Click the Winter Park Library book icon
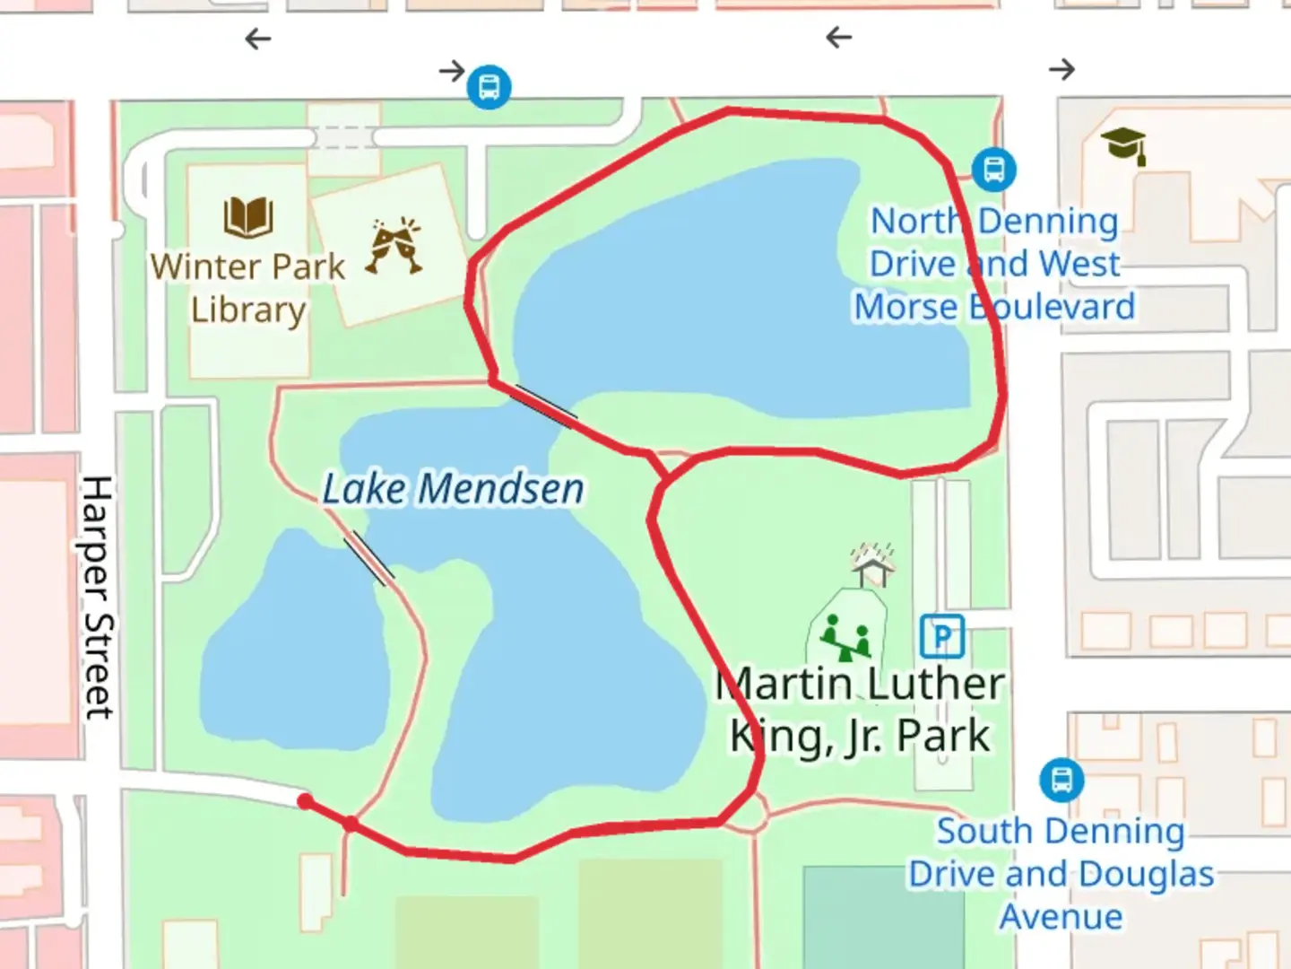248,216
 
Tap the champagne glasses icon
394,245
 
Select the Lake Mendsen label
453,490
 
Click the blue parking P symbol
941,636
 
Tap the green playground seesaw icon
847,636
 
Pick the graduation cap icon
1123,145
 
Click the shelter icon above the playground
872,564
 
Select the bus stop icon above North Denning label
993,170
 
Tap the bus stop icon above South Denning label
1061,780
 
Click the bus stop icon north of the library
489,87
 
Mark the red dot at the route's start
306,801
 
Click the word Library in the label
248,310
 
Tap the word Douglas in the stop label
1147,874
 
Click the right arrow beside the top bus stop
452,70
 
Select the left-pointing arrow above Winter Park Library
258,39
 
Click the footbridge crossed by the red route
545,406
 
